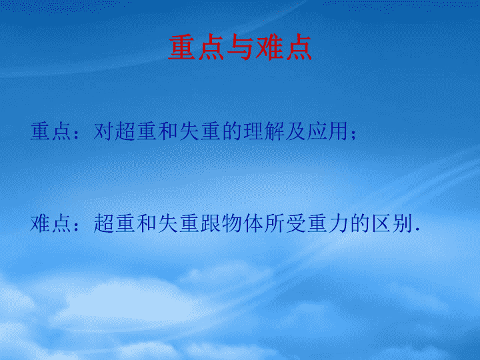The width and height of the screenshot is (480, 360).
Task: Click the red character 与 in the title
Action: click(239, 47)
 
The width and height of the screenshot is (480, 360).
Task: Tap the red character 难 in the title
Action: click(269, 47)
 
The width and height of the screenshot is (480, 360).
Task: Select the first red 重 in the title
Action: click(181, 47)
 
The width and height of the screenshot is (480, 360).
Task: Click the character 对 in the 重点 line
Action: click(103, 131)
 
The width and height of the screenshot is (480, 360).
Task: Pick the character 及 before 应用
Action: click(295, 131)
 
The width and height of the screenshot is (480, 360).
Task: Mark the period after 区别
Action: click(417, 229)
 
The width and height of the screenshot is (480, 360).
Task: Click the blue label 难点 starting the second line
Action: click(51, 223)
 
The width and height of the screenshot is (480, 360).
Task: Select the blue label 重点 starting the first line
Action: click(51, 131)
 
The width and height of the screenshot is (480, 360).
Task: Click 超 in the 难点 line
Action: click(103, 223)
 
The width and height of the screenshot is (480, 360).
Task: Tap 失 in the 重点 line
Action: click(189, 131)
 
